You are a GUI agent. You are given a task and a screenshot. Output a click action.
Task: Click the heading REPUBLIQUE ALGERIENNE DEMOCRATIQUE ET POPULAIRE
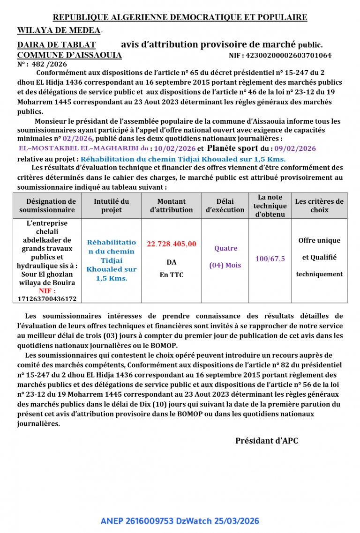pyautogui.click(x=180, y=17)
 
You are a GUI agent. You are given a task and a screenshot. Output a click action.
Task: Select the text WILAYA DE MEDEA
pyautogui.click(x=59, y=30)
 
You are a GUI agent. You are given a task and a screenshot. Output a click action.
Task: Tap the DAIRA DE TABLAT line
pyautogui.click(x=56, y=45)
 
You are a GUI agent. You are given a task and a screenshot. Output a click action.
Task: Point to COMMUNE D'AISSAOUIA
pyautogui.click(x=69, y=55)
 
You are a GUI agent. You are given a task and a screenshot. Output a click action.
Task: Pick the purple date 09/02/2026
pyautogui.click(x=295, y=148)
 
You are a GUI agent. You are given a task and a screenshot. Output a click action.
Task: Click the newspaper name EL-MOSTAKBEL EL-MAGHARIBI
pyautogui.click(x=78, y=148)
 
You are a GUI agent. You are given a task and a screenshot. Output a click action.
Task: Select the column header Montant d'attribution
pyautogui.click(x=171, y=206)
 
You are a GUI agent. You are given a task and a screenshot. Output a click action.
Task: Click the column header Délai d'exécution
pyautogui.click(x=225, y=206)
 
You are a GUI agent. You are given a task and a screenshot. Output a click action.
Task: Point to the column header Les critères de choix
pyautogui.click(x=319, y=206)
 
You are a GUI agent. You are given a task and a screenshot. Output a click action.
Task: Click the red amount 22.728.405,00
pyautogui.click(x=172, y=244)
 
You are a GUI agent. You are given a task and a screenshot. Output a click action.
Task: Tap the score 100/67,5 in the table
pyautogui.click(x=270, y=259)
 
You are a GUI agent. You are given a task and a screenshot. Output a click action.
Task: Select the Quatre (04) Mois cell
pyautogui.click(x=225, y=257)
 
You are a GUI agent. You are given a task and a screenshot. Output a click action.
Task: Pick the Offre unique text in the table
pyautogui.click(x=319, y=240)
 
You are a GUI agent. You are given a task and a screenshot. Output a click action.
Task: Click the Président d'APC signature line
pyautogui.click(x=266, y=441)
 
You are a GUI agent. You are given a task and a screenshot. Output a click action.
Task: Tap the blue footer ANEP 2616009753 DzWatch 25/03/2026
pyautogui.click(x=180, y=521)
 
